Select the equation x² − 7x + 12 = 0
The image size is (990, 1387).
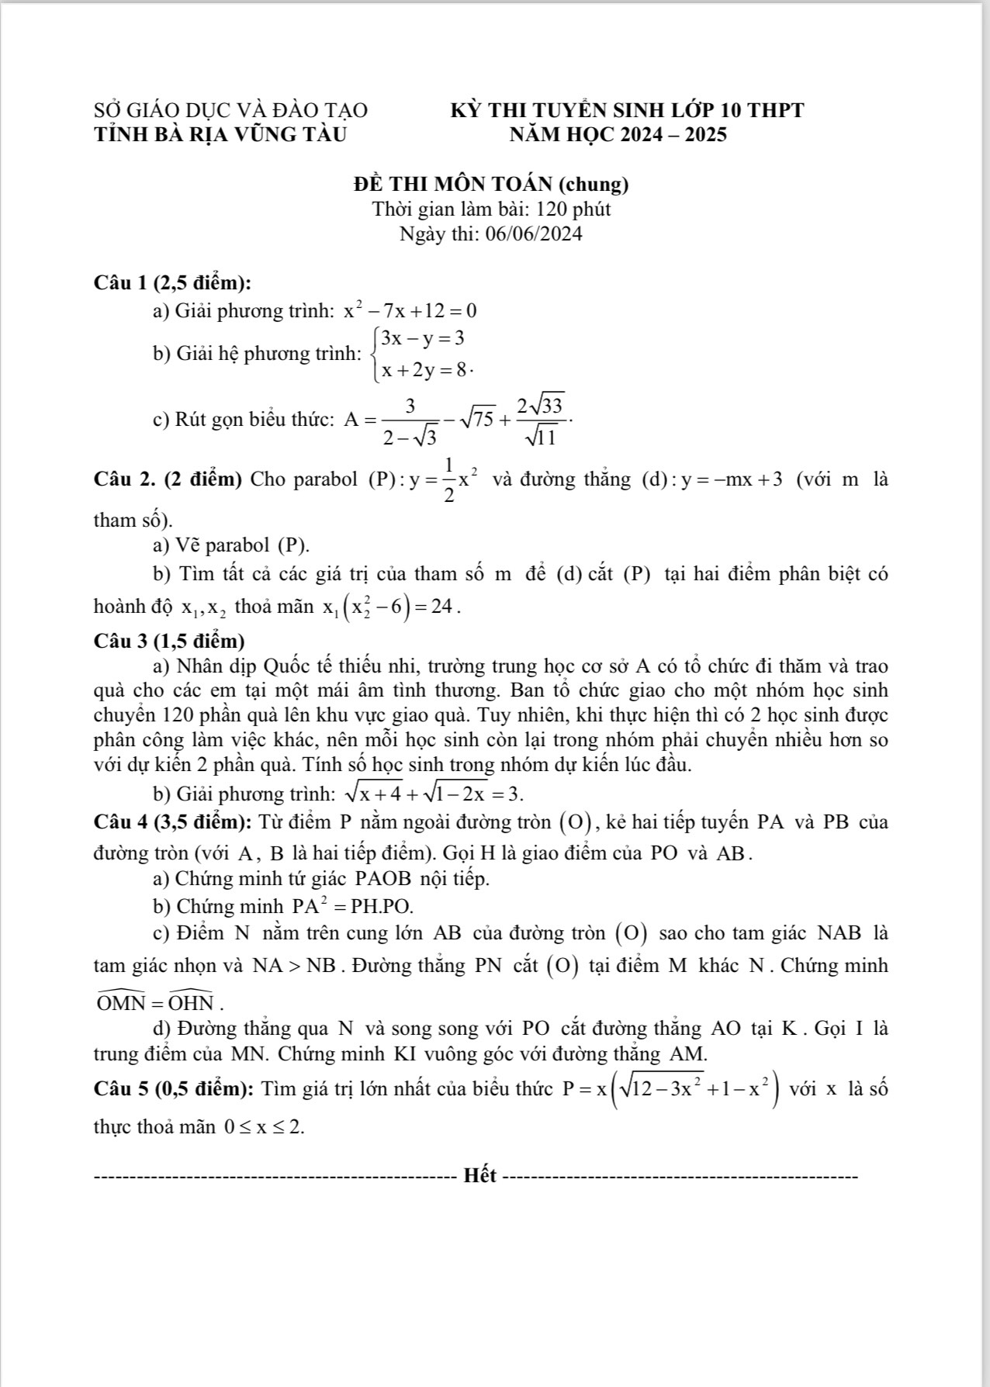(x=410, y=311)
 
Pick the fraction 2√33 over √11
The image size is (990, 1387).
(x=542, y=420)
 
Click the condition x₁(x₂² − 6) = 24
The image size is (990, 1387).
(x=392, y=607)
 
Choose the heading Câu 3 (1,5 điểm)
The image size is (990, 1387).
(x=168, y=641)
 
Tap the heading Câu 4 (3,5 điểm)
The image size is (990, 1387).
(x=171, y=821)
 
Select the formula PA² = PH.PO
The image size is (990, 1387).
(x=352, y=904)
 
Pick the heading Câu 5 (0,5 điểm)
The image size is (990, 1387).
(x=171, y=1089)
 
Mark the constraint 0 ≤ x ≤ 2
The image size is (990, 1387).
(x=263, y=1127)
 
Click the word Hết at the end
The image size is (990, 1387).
(x=479, y=1175)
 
